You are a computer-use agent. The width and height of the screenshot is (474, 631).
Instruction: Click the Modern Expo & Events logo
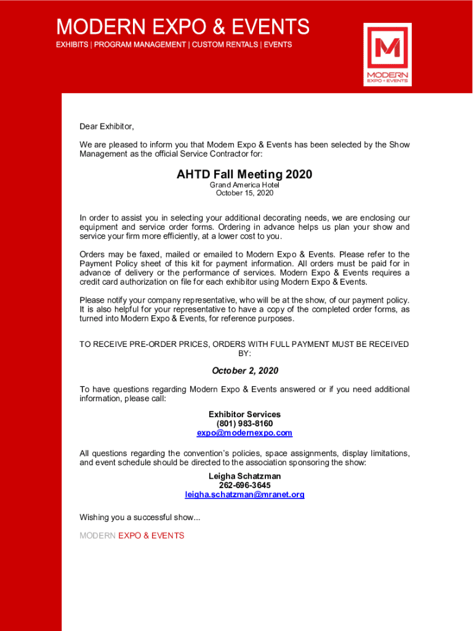pos(387,54)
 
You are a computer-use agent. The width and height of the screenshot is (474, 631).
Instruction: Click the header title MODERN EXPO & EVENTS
pos(183,27)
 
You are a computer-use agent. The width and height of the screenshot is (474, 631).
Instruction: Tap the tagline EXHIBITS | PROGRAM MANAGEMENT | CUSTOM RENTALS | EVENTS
pos(174,44)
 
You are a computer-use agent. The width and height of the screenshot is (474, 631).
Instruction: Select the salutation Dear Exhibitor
pos(106,126)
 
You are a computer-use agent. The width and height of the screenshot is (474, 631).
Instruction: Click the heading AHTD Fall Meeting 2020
pos(244,174)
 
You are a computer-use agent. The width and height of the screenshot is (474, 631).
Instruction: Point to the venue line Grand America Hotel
pos(244,185)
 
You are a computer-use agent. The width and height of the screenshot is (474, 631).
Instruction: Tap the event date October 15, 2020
pos(244,193)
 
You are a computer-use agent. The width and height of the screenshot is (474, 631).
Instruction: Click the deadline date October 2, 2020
pos(245,370)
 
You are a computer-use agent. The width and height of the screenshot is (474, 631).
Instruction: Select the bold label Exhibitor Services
pos(244,415)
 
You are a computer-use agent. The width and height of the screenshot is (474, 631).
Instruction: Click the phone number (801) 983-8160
pos(244,424)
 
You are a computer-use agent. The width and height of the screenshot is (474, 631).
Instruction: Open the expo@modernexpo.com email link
pos(244,433)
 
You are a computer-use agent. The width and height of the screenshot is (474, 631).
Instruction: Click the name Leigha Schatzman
pos(244,476)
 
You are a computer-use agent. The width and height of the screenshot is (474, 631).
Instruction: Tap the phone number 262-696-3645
pos(244,486)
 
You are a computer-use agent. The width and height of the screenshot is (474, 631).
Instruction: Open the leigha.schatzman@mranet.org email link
pos(244,495)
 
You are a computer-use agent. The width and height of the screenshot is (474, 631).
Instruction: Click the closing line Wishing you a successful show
pos(140,517)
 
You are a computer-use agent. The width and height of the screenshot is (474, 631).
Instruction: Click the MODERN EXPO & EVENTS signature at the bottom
pos(132,535)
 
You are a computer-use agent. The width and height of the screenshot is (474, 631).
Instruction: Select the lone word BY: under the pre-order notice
pos(244,354)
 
